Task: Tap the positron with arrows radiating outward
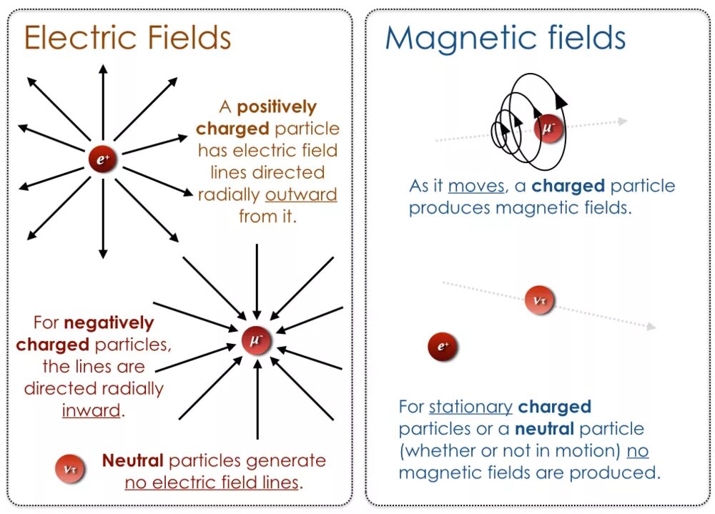tap(103, 159)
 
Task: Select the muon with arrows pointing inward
tap(257, 340)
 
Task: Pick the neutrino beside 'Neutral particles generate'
tap(71, 469)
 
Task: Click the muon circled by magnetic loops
tap(549, 129)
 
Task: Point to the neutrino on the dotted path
tap(539, 300)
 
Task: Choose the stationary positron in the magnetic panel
tap(443, 347)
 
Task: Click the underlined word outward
tap(301, 194)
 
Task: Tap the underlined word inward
tap(91, 411)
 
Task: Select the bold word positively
tap(277, 107)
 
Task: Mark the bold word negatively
tap(109, 323)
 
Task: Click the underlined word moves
tap(476, 186)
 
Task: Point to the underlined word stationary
tap(470, 407)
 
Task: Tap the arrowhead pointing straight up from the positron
tap(103, 69)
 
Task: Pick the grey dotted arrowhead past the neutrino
tap(651, 327)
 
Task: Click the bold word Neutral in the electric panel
tap(133, 460)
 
